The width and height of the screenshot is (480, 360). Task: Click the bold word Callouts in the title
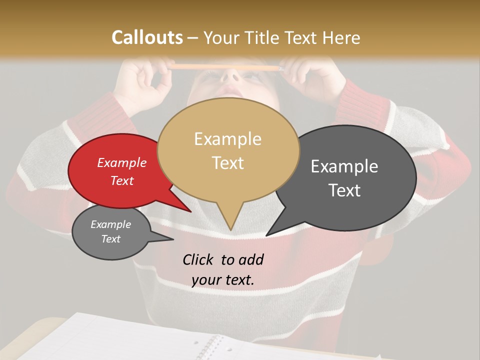(147, 37)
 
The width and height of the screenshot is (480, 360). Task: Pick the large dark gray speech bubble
(350, 177)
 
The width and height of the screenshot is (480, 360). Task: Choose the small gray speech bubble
(111, 232)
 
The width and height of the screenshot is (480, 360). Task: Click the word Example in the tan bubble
(227, 138)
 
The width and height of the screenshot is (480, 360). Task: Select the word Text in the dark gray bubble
(344, 190)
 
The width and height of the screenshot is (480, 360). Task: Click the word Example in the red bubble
(122, 162)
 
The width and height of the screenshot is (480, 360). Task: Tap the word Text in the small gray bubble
(111, 239)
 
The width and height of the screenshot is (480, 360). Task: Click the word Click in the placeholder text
(198, 259)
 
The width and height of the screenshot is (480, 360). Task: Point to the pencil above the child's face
(225, 67)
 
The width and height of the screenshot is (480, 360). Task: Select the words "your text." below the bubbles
(223, 280)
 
